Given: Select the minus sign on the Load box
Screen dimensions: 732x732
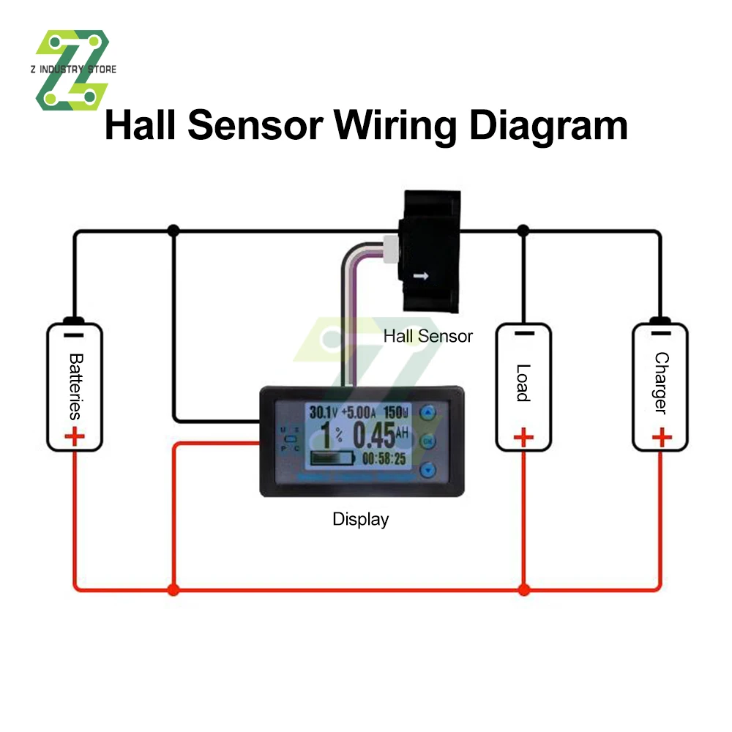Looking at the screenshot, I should (x=523, y=334).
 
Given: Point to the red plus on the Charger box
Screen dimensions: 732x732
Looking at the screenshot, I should (x=661, y=438).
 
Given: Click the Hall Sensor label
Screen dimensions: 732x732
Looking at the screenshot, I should (x=428, y=337).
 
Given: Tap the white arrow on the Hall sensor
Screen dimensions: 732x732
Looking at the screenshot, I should (x=421, y=277).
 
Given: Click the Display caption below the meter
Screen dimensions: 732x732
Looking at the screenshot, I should (x=360, y=520).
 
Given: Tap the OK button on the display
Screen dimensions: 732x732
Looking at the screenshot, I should (x=428, y=441).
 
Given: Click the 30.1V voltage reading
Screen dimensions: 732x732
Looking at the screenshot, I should (x=323, y=412).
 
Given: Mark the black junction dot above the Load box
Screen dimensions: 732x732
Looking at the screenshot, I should (x=523, y=231).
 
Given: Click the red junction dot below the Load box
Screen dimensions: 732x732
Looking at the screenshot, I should (x=523, y=589).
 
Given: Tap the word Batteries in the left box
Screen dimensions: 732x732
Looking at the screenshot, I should (x=75, y=386).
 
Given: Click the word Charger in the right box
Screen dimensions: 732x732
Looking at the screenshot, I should (x=661, y=384).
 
